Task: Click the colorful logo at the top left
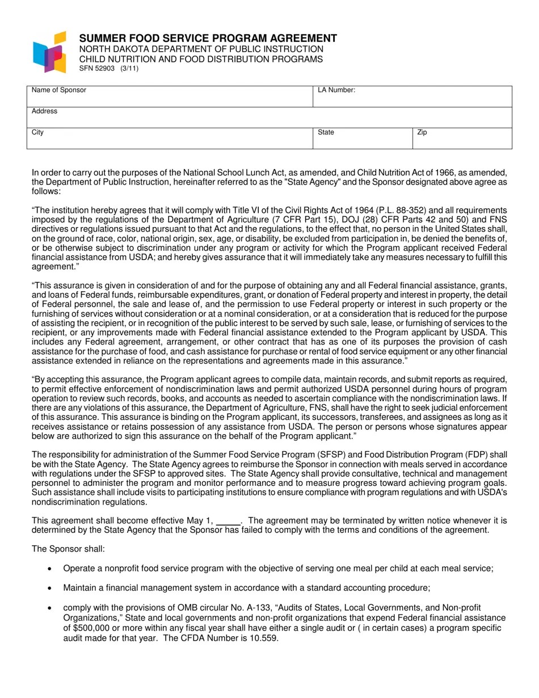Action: coord(49,52)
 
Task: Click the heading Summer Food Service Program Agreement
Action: coord(208,38)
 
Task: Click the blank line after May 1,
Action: coord(228,520)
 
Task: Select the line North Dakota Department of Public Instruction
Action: coord(201,49)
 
